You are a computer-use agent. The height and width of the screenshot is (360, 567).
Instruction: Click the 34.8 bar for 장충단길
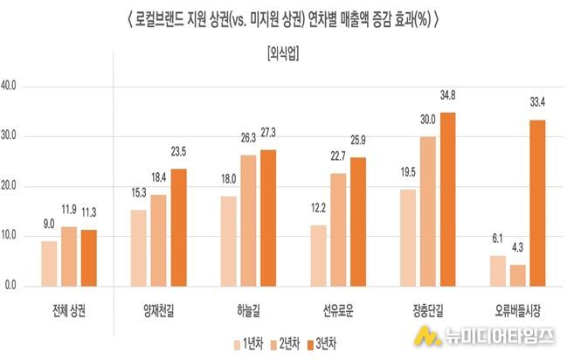(x=448, y=199)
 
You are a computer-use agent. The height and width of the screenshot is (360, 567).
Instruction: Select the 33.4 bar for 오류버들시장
(x=538, y=203)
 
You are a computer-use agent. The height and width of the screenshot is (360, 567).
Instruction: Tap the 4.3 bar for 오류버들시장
(x=518, y=275)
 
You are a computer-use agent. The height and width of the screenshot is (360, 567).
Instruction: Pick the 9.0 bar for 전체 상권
(x=49, y=263)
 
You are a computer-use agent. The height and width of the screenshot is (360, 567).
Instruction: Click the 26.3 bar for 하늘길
(x=249, y=220)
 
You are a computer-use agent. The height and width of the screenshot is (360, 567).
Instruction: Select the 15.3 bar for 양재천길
(x=139, y=247)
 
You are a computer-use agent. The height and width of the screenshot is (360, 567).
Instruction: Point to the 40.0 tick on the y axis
(x=16, y=87)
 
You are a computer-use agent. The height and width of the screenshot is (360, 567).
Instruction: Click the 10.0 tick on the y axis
(x=16, y=236)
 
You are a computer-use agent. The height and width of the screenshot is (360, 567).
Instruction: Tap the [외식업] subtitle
(x=283, y=54)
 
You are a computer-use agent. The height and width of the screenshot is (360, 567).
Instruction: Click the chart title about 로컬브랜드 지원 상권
(x=283, y=17)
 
